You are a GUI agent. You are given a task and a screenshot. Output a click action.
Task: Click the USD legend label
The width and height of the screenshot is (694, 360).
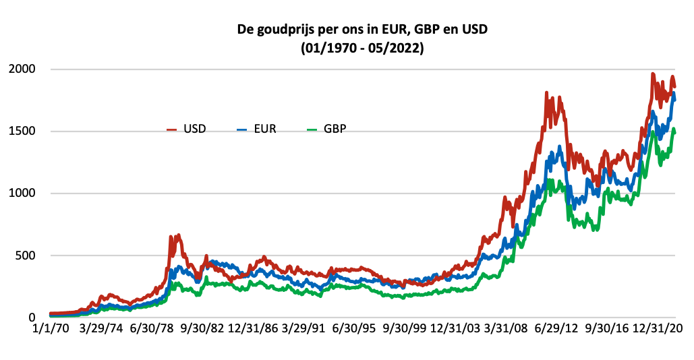click(195, 129)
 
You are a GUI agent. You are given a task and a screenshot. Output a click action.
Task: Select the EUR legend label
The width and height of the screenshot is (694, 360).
click(265, 129)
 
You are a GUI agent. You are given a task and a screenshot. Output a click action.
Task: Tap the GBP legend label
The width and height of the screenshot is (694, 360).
click(335, 129)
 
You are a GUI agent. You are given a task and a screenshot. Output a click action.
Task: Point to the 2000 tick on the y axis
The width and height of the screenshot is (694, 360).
click(22, 69)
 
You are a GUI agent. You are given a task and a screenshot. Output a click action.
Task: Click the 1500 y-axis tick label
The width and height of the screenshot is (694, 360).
click(22, 131)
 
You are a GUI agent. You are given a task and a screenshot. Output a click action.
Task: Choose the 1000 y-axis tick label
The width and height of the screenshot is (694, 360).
click(22, 193)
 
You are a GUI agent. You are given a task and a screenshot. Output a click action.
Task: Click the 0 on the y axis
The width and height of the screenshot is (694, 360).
click(32, 318)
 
